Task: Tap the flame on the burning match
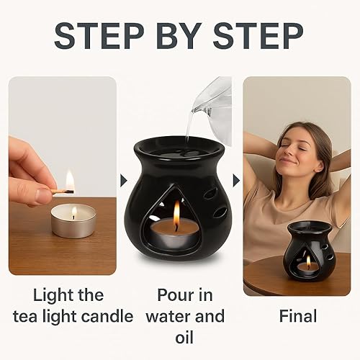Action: [70, 180]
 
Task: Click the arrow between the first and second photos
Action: [121, 176]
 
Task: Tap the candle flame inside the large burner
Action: [176, 214]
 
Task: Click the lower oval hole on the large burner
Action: [220, 212]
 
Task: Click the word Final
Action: [298, 315]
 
